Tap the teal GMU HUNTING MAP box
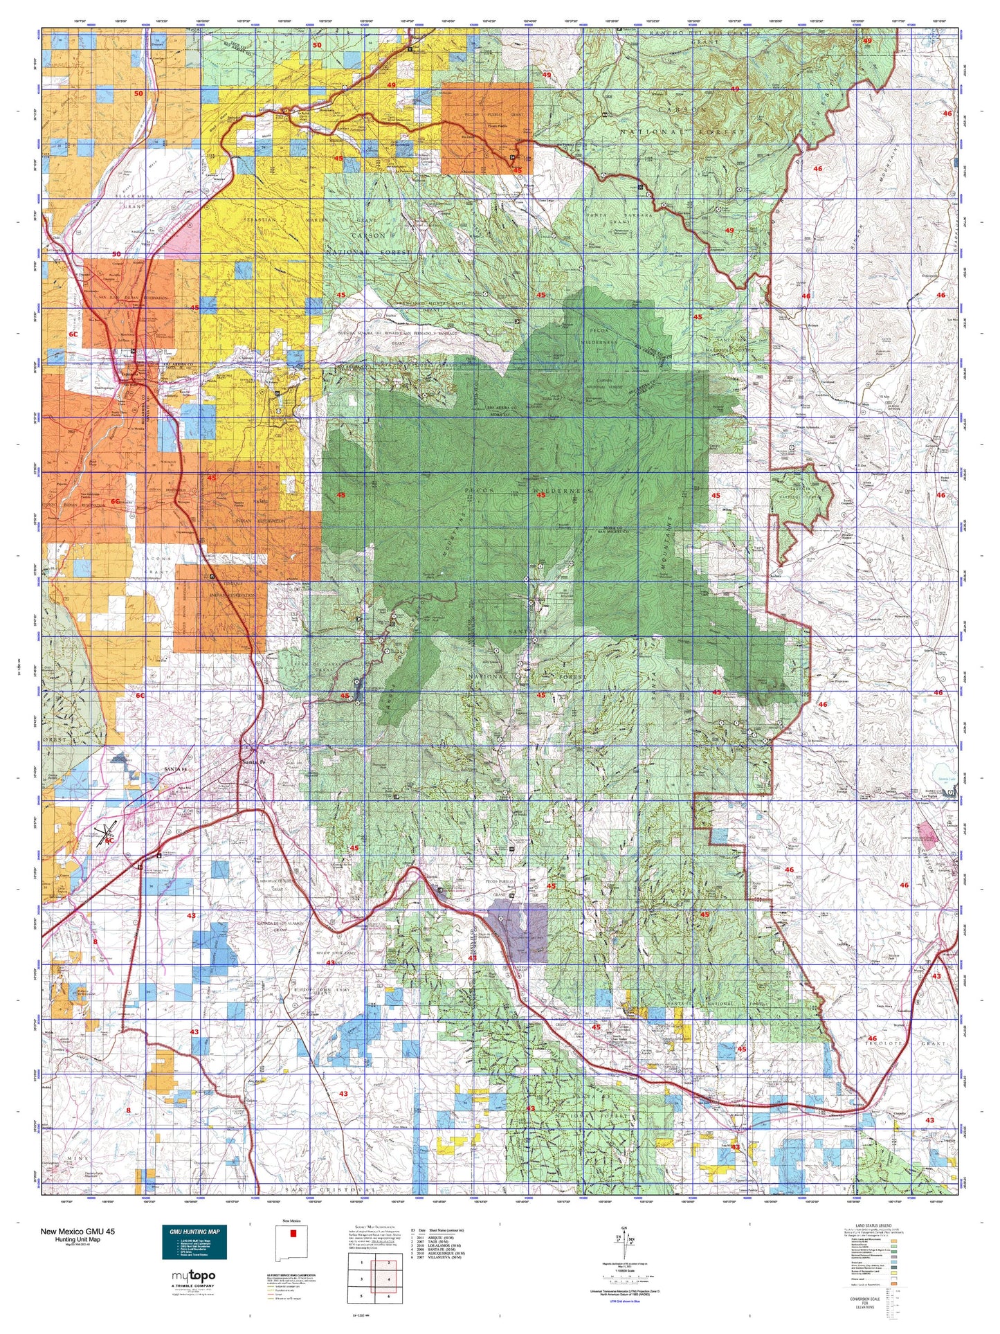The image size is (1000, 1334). (x=194, y=1243)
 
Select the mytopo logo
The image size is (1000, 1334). (x=194, y=1276)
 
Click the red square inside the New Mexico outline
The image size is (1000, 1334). (x=292, y=1234)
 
